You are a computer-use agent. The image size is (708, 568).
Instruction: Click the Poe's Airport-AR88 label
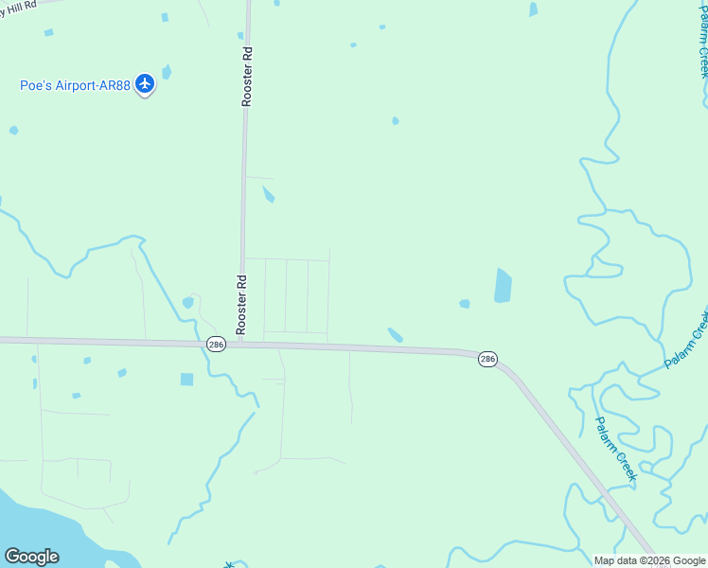click(76, 85)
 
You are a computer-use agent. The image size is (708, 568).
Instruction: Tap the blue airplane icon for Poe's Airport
click(145, 84)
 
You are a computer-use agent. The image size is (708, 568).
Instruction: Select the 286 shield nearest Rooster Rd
click(216, 346)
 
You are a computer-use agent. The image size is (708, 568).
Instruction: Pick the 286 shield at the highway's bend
click(487, 359)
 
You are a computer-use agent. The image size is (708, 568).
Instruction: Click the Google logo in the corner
click(32, 557)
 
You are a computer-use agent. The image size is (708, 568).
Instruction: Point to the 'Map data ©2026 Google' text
click(650, 560)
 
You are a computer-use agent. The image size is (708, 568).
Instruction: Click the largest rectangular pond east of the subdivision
click(503, 285)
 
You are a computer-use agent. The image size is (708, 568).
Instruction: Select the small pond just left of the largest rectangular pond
click(465, 304)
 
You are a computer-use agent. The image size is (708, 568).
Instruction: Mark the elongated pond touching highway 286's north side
click(396, 335)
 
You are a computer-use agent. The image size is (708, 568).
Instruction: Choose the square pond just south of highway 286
click(186, 380)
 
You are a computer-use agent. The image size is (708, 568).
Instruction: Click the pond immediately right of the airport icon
click(168, 72)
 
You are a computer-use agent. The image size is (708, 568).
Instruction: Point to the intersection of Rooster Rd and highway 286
click(240, 344)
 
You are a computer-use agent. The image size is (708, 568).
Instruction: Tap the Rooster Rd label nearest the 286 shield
click(241, 304)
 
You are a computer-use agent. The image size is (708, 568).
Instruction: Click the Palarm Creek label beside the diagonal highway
click(616, 449)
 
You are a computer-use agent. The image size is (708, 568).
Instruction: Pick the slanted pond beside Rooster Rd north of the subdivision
click(269, 194)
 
